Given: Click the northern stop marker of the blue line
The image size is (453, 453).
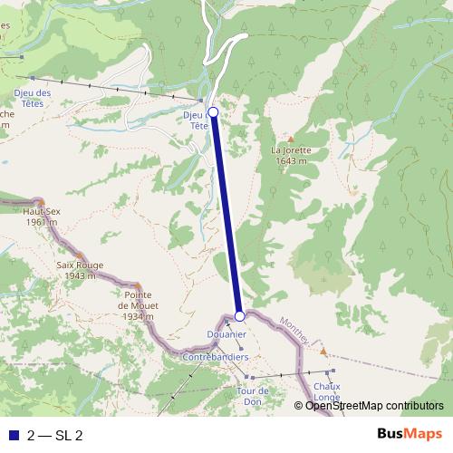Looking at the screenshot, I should [x=213, y=112].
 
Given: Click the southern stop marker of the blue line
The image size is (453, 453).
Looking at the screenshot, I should [x=240, y=316].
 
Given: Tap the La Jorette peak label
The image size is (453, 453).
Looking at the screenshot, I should [x=291, y=155].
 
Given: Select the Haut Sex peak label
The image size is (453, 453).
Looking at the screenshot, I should [x=40, y=217].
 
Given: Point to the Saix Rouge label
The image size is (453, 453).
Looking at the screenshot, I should [x=80, y=270].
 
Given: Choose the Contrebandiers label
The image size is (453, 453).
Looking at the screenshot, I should [x=216, y=357].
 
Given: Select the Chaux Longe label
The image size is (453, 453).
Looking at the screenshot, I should [x=327, y=390].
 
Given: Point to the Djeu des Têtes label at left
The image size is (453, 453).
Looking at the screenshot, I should [x=33, y=97].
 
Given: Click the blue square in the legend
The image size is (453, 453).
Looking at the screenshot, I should [x=13, y=435].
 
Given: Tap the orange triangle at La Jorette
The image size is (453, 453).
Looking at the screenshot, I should [x=291, y=139].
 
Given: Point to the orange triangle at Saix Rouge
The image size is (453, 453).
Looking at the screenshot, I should [x=80, y=255].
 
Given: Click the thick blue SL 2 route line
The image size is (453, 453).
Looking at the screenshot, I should [x=226, y=214].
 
